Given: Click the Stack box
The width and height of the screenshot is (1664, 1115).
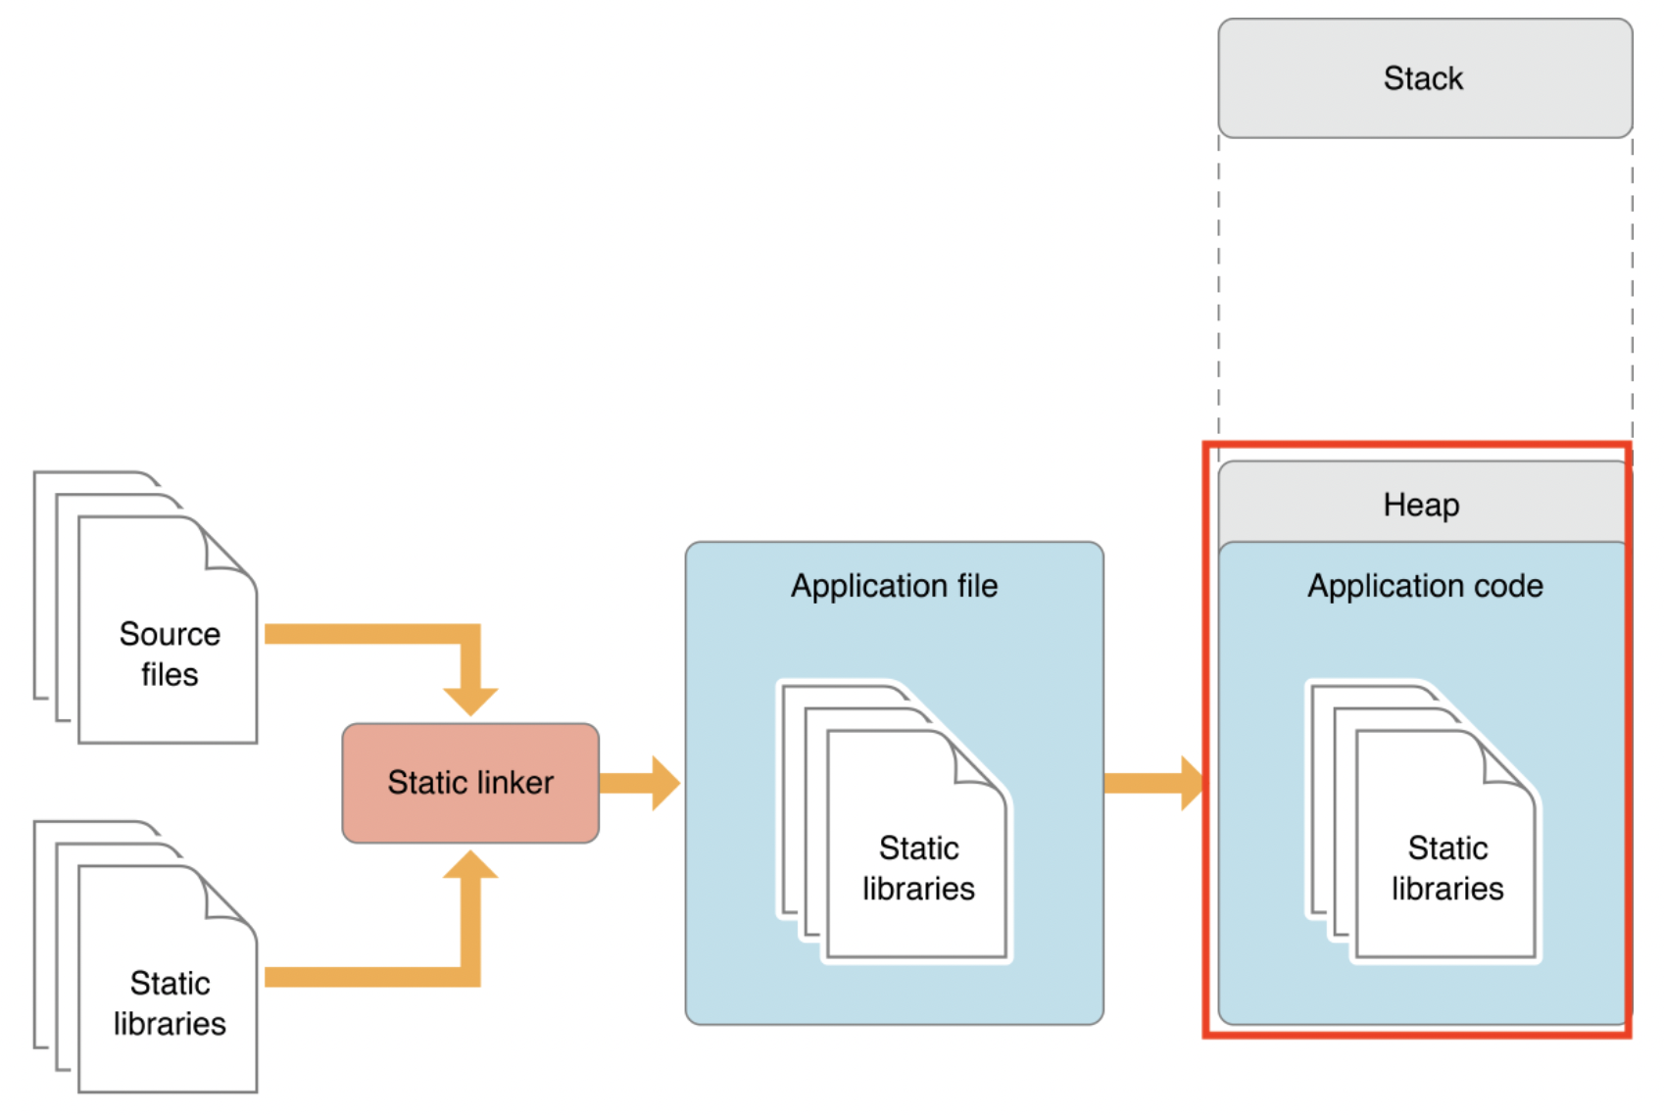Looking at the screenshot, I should (x=1424, y=78).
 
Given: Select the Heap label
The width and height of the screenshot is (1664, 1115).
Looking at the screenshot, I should (x=1421, y=505).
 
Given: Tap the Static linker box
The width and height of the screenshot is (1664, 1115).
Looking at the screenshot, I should (x=470, y=782).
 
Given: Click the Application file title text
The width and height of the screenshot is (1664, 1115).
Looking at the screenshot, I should (x=894, y=586).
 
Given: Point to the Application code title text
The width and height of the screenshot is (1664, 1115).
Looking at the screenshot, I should (x=1425, y=586).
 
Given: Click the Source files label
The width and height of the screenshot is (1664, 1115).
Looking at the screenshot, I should (x=170, y=654).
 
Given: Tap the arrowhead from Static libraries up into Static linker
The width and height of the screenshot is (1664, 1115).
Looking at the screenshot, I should (x=471, y=865).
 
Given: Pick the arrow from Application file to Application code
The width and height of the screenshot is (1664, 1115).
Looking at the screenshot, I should (x=1151, y=782).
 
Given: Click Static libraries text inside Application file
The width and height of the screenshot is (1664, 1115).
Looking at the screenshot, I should (x=918, y=868).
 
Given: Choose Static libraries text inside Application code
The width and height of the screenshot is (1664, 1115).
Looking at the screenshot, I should (x=1447, y=868).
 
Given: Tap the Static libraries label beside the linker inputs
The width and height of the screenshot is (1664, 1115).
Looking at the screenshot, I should (x=170, y=1002).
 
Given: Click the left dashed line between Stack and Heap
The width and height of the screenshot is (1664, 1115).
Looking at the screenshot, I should (x=1219, y=294).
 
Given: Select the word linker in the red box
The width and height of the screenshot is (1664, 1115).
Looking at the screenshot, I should (x=511, y=782).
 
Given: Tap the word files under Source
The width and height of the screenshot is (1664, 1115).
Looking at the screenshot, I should (x=170, y=674).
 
